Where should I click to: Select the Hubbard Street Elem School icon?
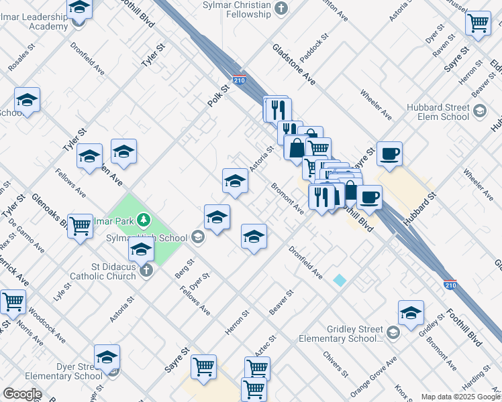[x=479, y=111]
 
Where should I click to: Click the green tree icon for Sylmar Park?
[x=142, y=219]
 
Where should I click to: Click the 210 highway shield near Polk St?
[x=239, y=80]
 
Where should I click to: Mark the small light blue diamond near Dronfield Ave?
[x=340, y=280]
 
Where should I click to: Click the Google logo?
[x=21, y=394]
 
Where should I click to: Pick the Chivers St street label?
[x=336, y=364]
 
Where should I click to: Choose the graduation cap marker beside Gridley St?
[x=411, y=312]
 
